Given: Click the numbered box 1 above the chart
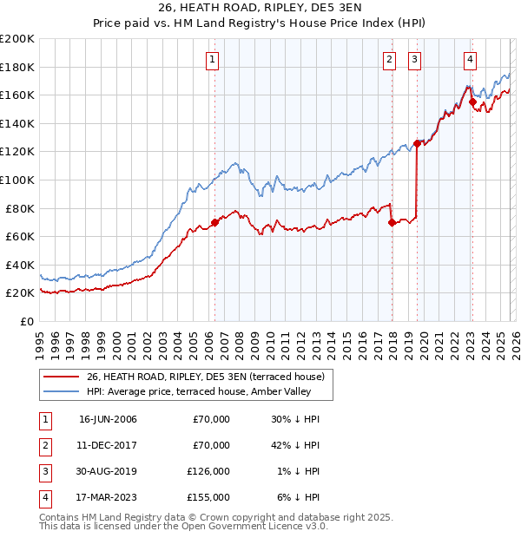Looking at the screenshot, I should (x=213, y=60).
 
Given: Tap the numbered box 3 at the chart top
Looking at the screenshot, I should (x=416, y=60).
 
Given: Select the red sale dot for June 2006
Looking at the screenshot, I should (x=214, y=222).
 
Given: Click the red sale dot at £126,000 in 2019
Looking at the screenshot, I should (x=418, y=143).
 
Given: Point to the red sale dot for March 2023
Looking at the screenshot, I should (x=472, y=102).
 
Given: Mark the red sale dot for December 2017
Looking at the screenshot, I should (x=392, y=222).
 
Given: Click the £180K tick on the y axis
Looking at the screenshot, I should (x=17, y=67).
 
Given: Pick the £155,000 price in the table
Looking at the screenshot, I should (x=208, y=497).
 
